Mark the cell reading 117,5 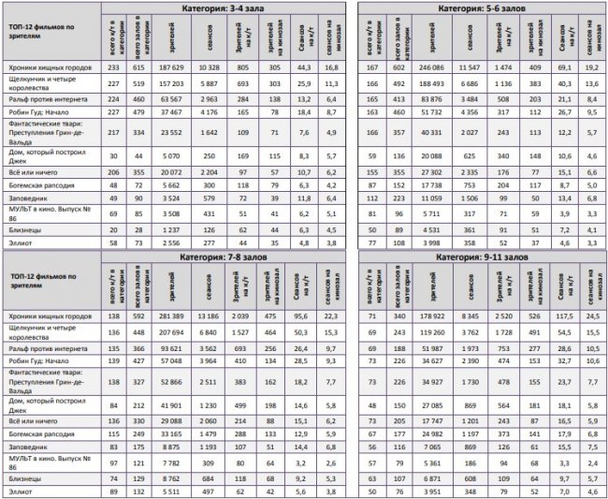561,317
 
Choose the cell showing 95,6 302,317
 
